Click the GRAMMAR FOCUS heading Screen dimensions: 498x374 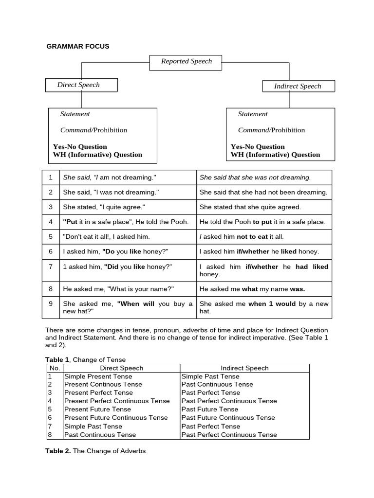coord(78,46)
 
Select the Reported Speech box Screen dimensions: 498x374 coord(187,61)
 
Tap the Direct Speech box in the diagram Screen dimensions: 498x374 coord(81,85)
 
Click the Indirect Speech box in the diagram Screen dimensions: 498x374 coord(298,86)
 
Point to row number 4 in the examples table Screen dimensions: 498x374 coord(51,222)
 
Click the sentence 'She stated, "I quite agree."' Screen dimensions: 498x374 coord(104,207)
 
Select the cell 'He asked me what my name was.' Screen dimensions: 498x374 coord(252,289)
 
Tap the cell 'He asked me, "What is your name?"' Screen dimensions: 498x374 coord(118,289)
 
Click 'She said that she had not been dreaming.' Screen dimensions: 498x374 coord(263,192)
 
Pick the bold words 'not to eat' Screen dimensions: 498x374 coord(252,237)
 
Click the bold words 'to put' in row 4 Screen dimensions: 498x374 coord(262,222)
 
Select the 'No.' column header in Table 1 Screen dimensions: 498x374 coord(54,368)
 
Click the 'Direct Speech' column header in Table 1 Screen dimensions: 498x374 coord(121,368)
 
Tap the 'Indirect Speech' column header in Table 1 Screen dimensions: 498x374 coord(244,368)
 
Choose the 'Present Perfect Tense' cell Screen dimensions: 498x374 coord(98,392)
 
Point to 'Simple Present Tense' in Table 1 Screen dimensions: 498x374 coord(98,376)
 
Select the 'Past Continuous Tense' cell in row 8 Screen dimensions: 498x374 coord(100,435)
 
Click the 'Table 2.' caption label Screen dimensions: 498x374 coord(58,451)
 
